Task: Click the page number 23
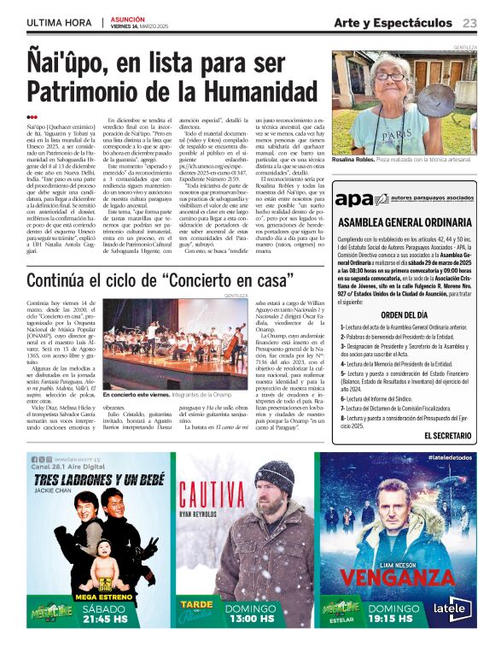click(x=469, y=22)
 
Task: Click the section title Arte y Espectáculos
click(x=393, y=22)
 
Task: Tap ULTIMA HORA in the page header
click(x=59, y=22)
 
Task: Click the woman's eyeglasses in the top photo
click(x=390, y=77)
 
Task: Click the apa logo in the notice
click(x=350, y=199)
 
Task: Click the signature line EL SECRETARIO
click(x=447, y=435)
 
